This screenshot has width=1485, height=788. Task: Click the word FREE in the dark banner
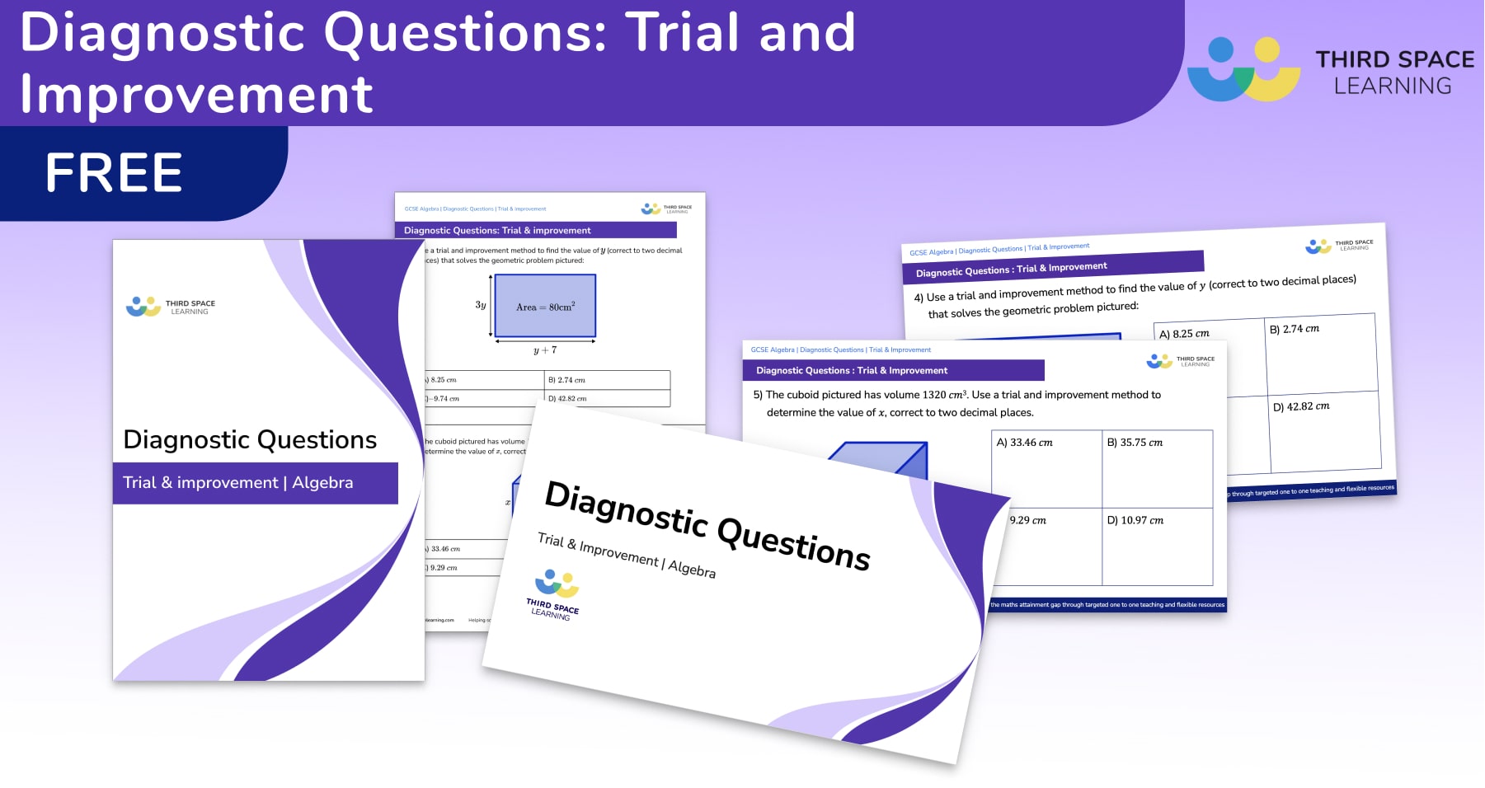114,173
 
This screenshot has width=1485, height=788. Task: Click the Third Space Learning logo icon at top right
1243,69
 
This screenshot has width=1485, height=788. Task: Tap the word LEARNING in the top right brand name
1393,86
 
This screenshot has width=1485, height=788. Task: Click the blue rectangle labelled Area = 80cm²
544,307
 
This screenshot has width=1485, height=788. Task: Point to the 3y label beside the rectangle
481,305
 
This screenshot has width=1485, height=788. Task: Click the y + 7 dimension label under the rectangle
544,350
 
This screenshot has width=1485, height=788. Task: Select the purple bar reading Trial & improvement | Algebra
255,483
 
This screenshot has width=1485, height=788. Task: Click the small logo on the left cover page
143,307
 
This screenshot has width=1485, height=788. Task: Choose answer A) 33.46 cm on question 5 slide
1024,443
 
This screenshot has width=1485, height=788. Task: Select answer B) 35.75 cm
1135,443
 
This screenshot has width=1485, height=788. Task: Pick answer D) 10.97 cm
1135,520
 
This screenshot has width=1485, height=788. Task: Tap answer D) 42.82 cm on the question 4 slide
1301,406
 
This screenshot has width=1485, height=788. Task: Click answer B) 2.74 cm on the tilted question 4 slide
1295,329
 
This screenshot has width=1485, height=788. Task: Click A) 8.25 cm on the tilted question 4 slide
1184,334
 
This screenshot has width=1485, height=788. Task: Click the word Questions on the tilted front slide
793,544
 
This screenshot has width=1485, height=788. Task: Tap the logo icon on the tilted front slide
557,584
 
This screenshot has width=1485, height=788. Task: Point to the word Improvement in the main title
196,94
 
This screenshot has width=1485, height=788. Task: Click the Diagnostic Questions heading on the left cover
250,440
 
